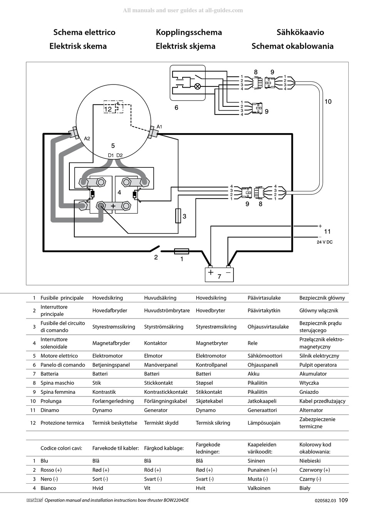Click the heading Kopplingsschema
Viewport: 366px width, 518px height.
[189, 32]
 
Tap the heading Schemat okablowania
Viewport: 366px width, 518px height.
[292, 46]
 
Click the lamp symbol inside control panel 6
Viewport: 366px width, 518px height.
[197, 86]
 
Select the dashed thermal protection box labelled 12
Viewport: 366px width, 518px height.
[113, 107]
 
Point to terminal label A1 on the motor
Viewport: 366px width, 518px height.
[159, 127]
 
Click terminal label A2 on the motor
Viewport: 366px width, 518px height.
[87, 138]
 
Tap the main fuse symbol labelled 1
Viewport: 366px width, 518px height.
[181, 251]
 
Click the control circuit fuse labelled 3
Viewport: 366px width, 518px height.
[178, 216]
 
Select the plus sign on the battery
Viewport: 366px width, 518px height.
[211, 272]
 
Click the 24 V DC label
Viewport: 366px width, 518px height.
[325, 242]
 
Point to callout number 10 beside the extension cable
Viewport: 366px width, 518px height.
[328, 101]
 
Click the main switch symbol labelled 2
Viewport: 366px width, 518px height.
[155, 249]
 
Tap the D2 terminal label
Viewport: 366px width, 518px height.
[119, 155]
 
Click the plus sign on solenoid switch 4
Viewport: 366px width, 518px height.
[113, 206]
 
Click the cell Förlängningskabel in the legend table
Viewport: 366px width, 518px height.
[165, 401]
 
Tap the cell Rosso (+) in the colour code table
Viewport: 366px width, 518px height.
[51, 470]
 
